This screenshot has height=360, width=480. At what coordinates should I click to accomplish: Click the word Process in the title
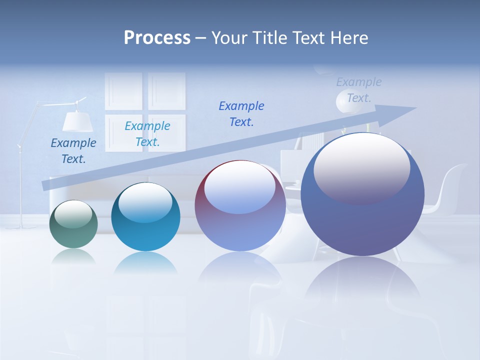click(157, 38)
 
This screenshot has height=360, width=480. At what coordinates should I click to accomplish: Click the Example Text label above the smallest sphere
click(73, 151)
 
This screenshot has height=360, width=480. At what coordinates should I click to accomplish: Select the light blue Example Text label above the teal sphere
click(147, 134)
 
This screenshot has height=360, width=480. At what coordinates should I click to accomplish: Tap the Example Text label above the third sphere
click(241, 114)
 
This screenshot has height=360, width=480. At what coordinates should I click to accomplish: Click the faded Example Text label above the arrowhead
click(359, 90)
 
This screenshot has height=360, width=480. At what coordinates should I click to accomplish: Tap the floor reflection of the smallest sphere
click(73, 257)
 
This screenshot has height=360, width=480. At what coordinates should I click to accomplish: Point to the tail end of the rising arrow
click(46, 185)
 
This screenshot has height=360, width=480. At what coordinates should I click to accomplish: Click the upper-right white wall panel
click(167, 91)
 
